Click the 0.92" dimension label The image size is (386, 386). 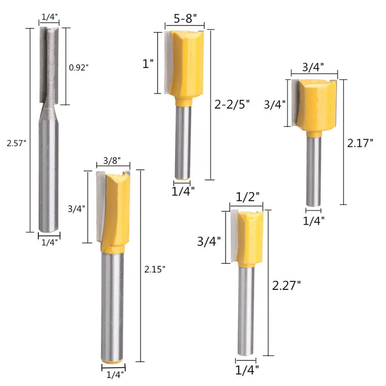click(79, 68)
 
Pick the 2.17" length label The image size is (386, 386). click(360, 143)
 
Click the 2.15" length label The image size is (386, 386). click(154, 268)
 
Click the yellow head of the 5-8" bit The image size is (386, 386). click(186, 63)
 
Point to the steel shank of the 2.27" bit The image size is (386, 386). click(247, 309)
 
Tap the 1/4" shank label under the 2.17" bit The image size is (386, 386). click(314, 220)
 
